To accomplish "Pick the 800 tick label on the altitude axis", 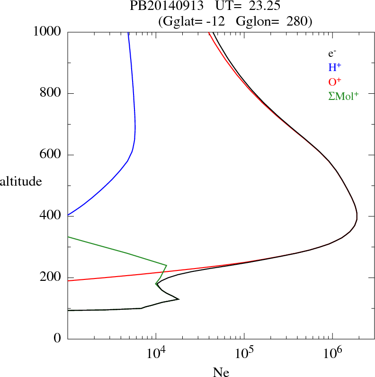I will pyautogui.click(x=51, y=93).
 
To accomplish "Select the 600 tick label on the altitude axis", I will pyautogui.click(x=51, y=155).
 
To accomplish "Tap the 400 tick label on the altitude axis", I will pyautogui.click(x=51, y=216).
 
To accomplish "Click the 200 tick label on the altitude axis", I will pyautogui.click(x=51, y=278).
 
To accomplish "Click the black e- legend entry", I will pyautogui.click(x=332, y=54).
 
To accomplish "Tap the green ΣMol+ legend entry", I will pyautogui.click(x=343, y=96).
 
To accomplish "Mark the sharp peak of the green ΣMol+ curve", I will pyautogui.click(x=167, y=265).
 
